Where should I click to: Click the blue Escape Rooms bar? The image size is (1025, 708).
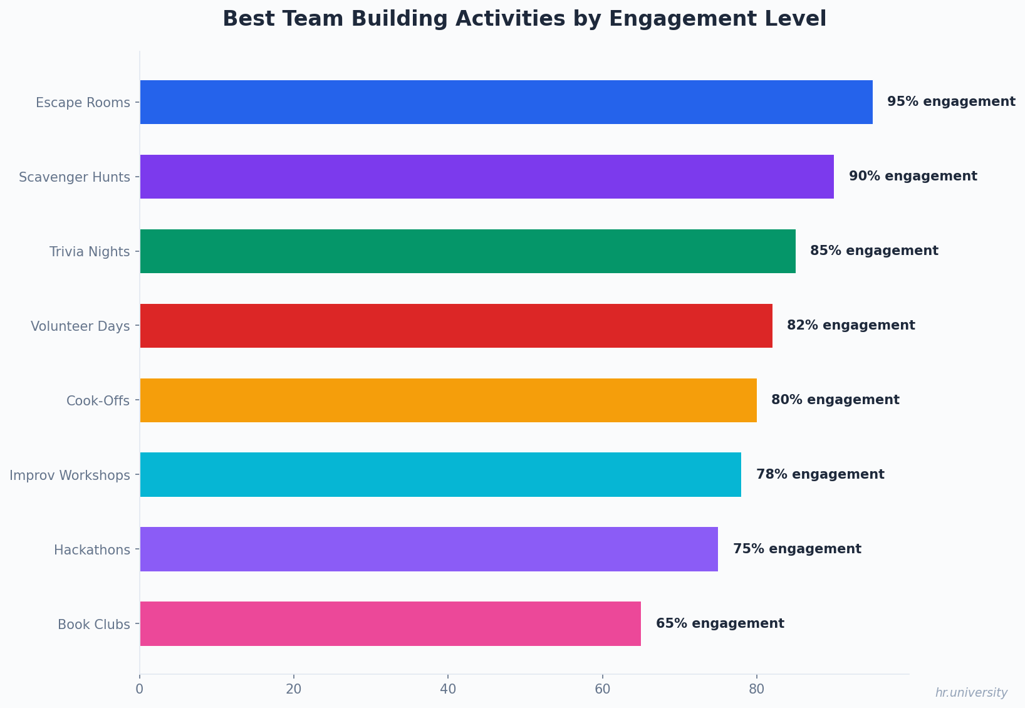click(506, 102)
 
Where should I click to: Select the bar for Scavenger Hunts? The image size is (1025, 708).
click(486, 177)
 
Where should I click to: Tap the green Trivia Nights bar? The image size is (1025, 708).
click(467, 251)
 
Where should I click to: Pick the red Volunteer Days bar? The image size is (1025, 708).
click(455, 326)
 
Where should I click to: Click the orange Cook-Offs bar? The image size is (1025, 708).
click(448, 400)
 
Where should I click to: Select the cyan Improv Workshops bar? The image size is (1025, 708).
click(440, 475)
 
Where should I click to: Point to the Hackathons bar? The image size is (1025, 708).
click(429, 549)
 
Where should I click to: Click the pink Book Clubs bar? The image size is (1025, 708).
click(390, 624)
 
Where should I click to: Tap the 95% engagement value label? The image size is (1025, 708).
click(951, 102)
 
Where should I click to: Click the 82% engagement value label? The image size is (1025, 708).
click(851, 325)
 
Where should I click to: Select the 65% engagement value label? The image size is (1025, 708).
click(720, 623)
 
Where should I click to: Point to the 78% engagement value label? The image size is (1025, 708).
click(820, 474)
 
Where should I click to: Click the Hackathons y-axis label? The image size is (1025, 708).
click(92, 550)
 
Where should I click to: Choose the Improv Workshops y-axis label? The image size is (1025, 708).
click(70, 476)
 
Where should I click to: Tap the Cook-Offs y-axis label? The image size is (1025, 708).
click(98, 401)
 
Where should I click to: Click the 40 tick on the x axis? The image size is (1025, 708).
click(448, 689)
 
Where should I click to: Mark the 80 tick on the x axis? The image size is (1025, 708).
click(756, 689)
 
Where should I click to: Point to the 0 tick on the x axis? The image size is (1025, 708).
click(140, 689)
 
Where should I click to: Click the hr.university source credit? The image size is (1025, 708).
click(971, 693)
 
